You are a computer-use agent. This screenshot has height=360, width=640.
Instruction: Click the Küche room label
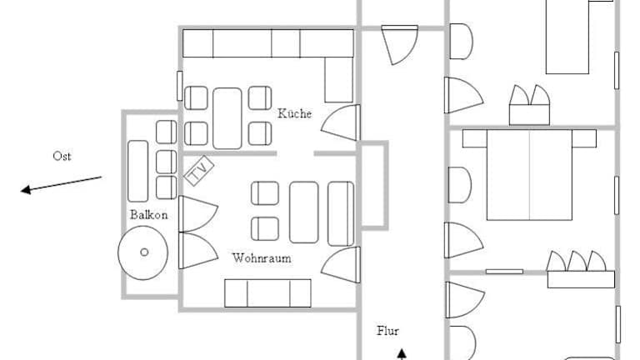click(x=294, y=113)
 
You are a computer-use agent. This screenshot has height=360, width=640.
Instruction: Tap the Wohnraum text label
click(x=262, y=258)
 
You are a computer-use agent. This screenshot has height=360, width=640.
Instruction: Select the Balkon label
click(x=148, y=215)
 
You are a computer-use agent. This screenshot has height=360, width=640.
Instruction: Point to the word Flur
click(x=387, y=331)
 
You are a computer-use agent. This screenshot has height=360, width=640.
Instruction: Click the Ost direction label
click(x=62, y=156)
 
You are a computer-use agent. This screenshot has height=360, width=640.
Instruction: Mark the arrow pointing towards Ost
click(x=61, y=184)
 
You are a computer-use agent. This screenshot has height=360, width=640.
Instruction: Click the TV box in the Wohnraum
click(x=199, y=171)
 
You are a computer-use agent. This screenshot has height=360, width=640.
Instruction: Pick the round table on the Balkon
click(x=142, y=253)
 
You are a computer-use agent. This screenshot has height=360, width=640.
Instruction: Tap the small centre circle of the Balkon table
click(x=144, y=252)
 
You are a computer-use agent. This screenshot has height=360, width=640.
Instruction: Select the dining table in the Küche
click(x=227, y=118)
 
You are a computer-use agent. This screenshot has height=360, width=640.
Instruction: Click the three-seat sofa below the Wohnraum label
click(x=267, y=293)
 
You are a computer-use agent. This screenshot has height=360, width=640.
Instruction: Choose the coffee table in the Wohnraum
click(x=303, y=212)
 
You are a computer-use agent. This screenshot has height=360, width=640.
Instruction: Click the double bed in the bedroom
click(x=529, y=175)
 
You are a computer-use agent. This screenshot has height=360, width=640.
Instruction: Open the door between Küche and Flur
click(x=341, y=122)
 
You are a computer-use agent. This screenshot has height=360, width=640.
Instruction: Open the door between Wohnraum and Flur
click(x=341, y=265)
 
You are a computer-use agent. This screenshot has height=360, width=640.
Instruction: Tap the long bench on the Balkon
click(x=138, y=172)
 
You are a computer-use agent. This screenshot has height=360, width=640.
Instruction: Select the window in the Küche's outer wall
click(x=180, y=86)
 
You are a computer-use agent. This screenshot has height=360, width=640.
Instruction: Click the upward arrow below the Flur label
click(x=402, y=354)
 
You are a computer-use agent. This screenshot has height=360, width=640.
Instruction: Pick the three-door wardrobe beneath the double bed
click(x=581, y=270)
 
